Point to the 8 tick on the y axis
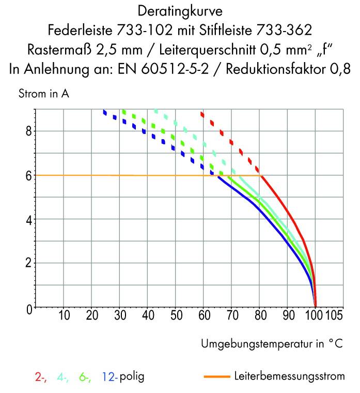pyautogui.click(x=29, y=131)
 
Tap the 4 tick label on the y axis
pyautogui.click(x=29, y=219)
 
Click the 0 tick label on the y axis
pyautogui.click(x=29, y=308)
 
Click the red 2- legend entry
pyautogui.click(x=41, y=376)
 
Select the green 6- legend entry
pyautogui.click(x=85, y=376)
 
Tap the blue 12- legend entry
pyautogui.click(x=110, y=376)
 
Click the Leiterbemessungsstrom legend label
pyautogui.click(x=289, y=376)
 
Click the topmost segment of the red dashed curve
pyautogui.click(x=202, y=114)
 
